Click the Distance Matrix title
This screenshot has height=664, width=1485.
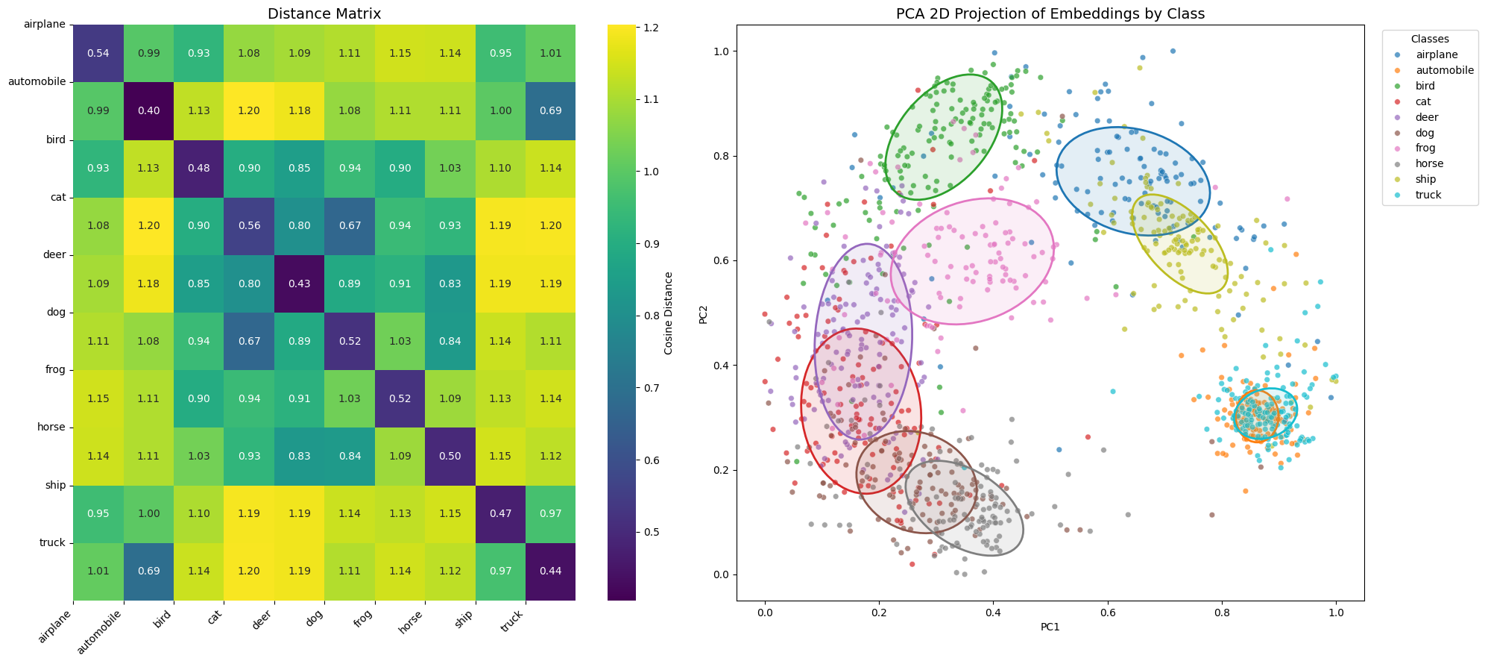click(324, 13)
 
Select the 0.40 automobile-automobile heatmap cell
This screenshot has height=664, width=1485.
click(148, 110)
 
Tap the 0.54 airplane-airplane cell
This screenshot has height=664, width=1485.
click(98, 53)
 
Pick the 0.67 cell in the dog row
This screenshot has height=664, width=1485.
click(249, 341)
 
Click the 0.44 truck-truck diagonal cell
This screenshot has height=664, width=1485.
click(550, 571)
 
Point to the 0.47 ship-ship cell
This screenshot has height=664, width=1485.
click(500, 513)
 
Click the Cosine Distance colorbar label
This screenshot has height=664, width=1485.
click(668, 313)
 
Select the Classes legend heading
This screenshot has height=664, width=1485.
click(1430, 39)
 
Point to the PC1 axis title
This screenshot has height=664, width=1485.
click(1050, 627)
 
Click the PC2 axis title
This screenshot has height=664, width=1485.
click(703, 313)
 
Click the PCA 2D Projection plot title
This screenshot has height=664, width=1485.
click(1050, 13)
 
